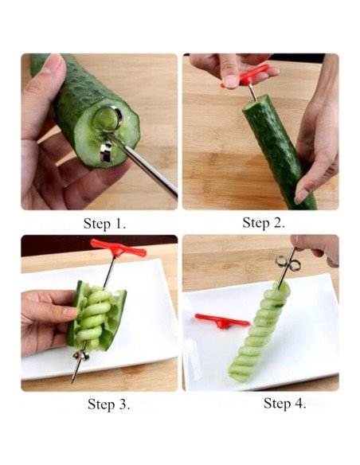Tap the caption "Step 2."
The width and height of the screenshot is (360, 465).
tap(264, 223)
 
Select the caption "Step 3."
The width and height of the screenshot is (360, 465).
tap(108, 404)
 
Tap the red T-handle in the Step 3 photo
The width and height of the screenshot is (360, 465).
tap(118, 248)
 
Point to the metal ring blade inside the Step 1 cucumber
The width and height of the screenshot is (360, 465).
tap(107, 119)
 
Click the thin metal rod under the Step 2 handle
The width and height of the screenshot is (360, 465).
tap(252, 92)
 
